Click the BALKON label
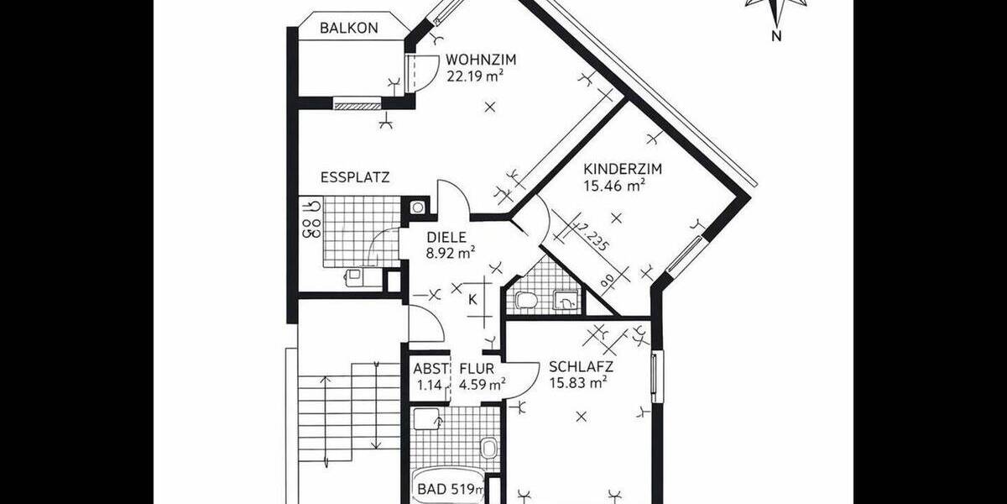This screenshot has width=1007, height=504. pos(349,28)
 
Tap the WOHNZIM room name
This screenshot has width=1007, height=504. pos(480,60)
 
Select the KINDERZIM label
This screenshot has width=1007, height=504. pos(623,169)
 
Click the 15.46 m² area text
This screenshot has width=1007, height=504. pos(613,186)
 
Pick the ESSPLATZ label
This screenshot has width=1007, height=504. pos(355,177)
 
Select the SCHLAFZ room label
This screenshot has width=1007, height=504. pos(581,367)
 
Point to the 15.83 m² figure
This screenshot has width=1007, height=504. pos(577,383)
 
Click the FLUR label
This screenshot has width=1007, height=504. pos(476,368)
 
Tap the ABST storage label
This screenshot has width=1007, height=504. pos(430,368)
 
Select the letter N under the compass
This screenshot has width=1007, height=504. pos(777,35)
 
